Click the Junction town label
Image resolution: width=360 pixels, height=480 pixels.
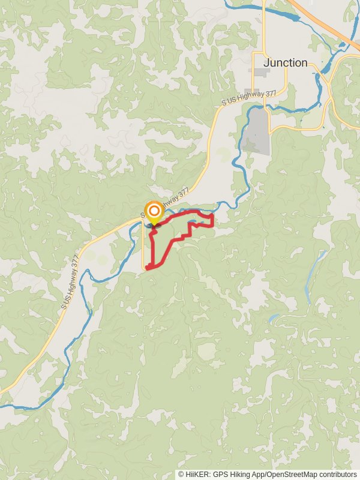tap(286, 62)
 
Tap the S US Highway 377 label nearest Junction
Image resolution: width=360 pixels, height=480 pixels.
tap(248, 98)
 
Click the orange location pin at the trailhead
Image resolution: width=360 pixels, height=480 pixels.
tap(154, 212)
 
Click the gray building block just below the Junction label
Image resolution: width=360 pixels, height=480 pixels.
tap(262, 73)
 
